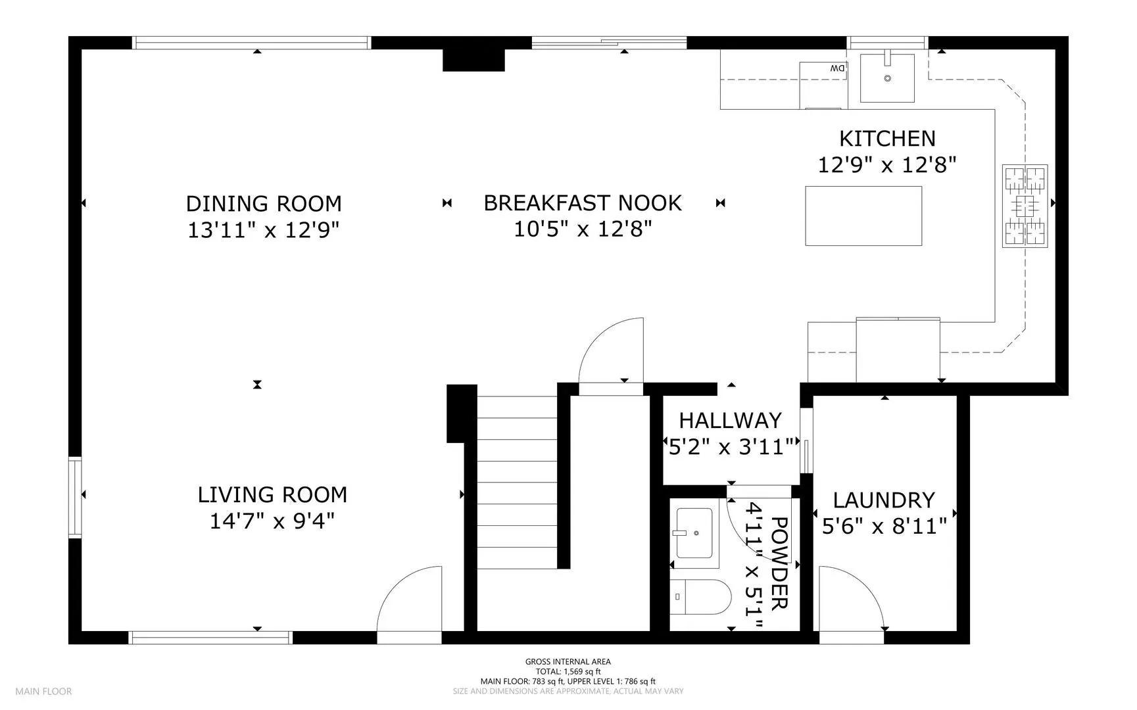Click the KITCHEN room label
[887, 139]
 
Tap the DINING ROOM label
[264, 204]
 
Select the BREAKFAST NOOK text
[583, 203]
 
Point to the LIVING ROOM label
[272, 494]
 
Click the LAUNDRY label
[884, 500]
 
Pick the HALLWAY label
[730, 420]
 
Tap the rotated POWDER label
[779, 563]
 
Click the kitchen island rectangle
[863, 216]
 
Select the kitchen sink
[887, 78]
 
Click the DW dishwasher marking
[837, 68]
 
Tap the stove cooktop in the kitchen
[1025, 206]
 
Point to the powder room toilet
[701, 597]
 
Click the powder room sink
[694, 533]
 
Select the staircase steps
[517, 482]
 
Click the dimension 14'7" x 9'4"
[272, 521]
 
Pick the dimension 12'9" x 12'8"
[886, 164]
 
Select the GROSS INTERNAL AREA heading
[568, 662]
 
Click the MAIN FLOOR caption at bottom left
[43, 691]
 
